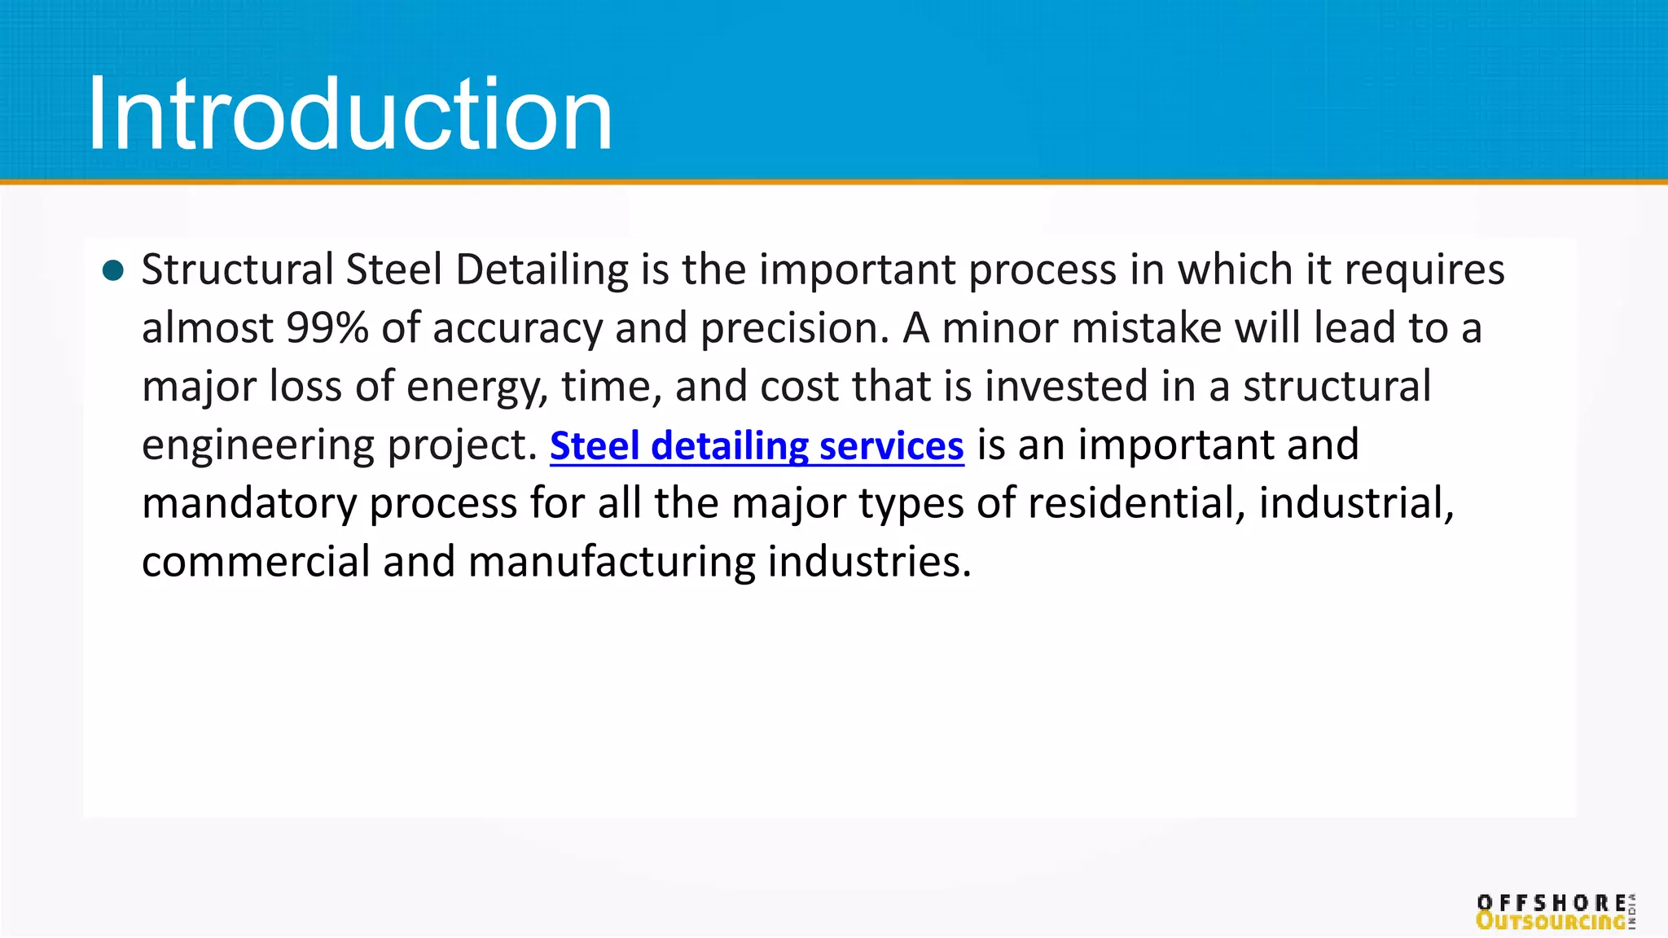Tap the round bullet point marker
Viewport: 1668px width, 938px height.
point(114,270)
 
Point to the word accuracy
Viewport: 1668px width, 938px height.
point(517,330)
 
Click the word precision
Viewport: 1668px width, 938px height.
point(794,330)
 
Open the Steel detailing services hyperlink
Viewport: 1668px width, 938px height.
point(757,446)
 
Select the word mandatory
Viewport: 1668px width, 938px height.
point(249,504)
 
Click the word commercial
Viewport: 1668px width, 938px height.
point(256,562)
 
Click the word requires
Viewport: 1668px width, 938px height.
point(1424,270)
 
